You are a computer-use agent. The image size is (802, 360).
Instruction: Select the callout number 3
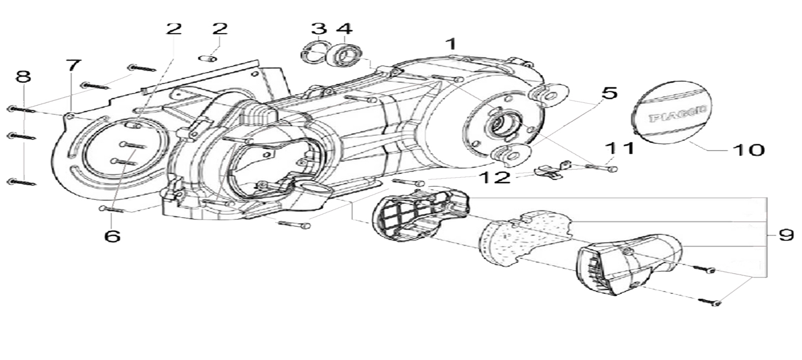(x=319, y=29)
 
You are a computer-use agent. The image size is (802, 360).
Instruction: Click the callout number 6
(x=112, y=236)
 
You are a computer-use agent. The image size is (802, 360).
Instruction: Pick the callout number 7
(x=73, y=66)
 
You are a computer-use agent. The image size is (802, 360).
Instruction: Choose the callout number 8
(x=23, y=77)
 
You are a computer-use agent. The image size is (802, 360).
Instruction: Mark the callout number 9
(x=786, y=235)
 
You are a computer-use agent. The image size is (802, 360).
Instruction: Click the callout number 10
(x=748, y=150)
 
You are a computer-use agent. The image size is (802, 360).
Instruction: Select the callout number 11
(x=620, y=148)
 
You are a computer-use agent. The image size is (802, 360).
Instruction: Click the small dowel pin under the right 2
(x=208, y=59)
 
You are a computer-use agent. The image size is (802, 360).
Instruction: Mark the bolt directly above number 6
(x=112, y=209)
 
